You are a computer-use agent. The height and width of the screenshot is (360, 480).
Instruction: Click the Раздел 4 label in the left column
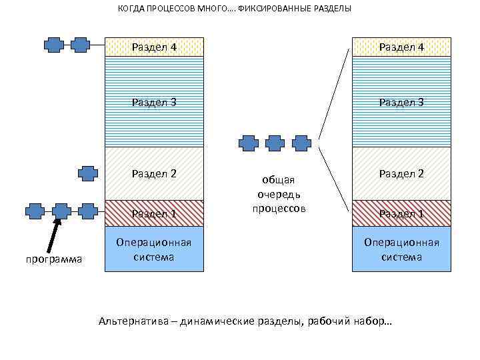[154, 47]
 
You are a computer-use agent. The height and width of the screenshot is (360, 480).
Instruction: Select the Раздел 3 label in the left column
[154, 102]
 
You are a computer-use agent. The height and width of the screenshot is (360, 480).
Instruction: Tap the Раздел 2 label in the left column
[154, 174]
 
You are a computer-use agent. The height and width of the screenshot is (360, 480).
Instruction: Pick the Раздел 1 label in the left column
[154, 214]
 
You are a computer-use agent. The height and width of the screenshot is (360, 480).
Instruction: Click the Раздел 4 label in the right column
[401, 47]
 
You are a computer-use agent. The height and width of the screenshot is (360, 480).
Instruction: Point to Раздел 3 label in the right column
[401, 102]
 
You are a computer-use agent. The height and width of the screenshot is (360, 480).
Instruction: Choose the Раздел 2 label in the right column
[401, 174]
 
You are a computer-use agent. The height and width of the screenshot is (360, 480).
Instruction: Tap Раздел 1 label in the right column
[401, 214]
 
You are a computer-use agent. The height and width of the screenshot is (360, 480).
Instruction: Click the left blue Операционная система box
[154, 249]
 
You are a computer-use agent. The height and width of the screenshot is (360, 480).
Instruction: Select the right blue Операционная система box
[401, 249]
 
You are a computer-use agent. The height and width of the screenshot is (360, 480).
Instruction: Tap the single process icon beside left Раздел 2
[87, 173]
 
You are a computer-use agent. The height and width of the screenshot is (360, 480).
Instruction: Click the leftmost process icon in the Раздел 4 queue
[54, 45]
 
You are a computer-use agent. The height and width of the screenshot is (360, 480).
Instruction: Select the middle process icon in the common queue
[275, 143]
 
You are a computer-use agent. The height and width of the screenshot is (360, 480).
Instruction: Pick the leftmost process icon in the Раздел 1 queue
[35, 211]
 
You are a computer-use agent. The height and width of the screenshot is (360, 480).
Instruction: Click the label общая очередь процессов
[278, 194]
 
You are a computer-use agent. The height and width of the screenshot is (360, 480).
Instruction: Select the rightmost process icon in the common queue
[301, 143]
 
